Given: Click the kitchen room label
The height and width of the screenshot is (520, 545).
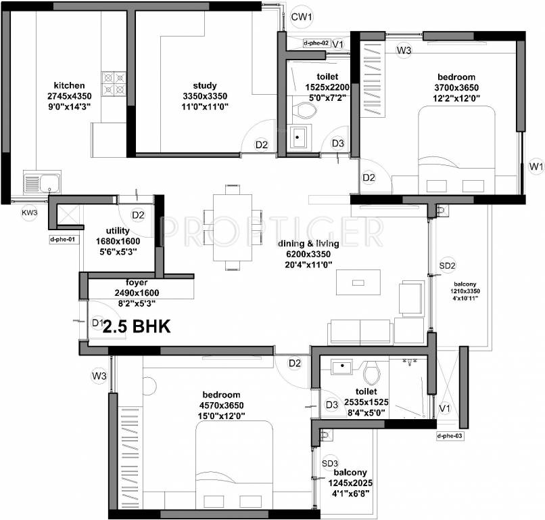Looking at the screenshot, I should click(70, 85).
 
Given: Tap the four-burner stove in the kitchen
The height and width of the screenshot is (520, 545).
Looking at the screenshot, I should click(114, 83).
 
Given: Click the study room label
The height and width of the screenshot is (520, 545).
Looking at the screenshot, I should click(204, 85).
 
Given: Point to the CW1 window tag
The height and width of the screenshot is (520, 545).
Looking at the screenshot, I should click(301, 16).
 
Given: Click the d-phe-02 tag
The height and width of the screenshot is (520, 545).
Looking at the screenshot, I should click(316, 43).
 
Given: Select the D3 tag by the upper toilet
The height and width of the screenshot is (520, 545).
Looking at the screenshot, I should click(338, 144).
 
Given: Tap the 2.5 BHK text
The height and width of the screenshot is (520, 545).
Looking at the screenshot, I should click(137, 326).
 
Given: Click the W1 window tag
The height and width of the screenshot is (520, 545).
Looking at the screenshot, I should click(536, 166).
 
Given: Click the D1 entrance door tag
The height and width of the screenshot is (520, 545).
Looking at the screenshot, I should click(98, 323).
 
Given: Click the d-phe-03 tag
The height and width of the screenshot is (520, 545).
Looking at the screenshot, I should click(450, 435).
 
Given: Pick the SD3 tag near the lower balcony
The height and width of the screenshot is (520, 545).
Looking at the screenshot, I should click(329, 462).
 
